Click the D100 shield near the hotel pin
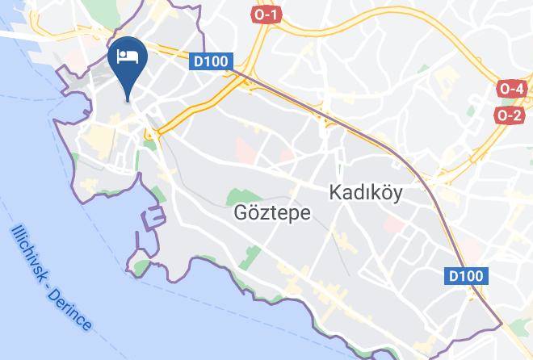[212, 61]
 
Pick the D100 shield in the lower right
[467, 277]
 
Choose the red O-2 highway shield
[510, 115]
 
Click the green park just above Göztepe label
[239, 196]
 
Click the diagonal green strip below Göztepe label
[250, 241]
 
